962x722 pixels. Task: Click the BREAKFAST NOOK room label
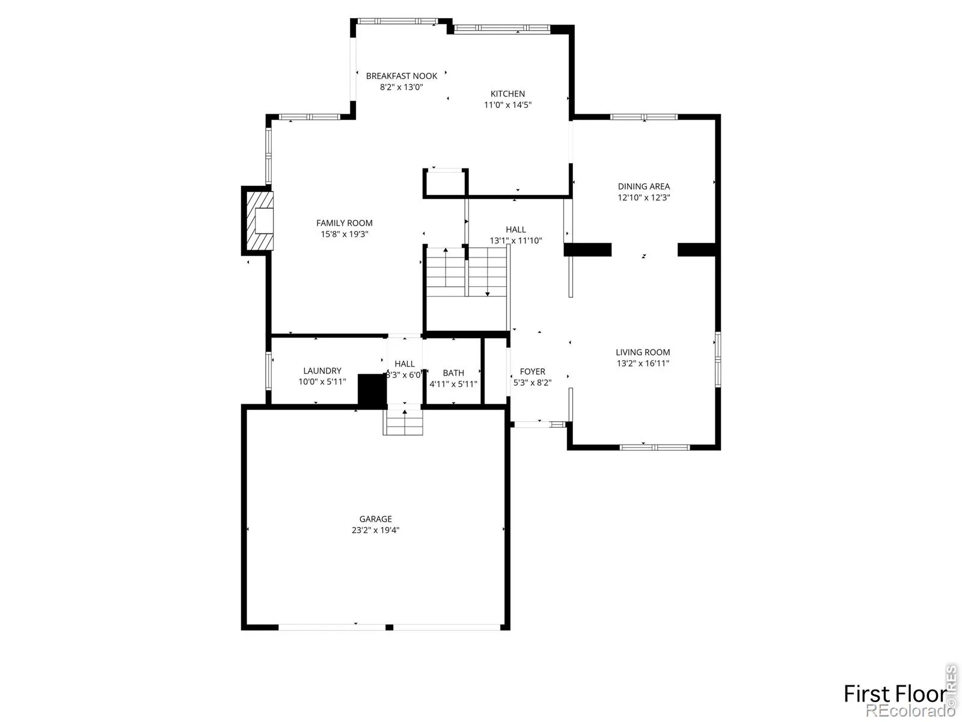point(402,76)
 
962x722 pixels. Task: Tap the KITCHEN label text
point(507,94)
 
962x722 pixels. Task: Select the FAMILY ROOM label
point(345,223)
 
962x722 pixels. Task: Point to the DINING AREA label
point(644,187)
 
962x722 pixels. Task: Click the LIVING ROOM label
point(643,352)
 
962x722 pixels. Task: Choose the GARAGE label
point(376,519)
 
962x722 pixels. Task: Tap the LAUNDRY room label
point(322,371)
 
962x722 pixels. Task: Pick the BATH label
point(453,372)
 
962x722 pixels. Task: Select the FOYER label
point(533,371)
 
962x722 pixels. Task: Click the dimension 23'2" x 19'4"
point(376,529)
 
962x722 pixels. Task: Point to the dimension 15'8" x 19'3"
point(345,234)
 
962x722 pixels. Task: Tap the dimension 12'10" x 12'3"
point(644,197)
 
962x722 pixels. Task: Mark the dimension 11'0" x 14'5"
point(507,105)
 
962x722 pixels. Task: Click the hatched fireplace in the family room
point(260,220)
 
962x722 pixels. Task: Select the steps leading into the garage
point(403,422)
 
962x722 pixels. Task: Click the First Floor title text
point(895,694)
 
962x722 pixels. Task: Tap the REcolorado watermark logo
point(910,711)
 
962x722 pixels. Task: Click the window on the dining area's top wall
point(644,117)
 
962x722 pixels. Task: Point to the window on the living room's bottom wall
point(654,447)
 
